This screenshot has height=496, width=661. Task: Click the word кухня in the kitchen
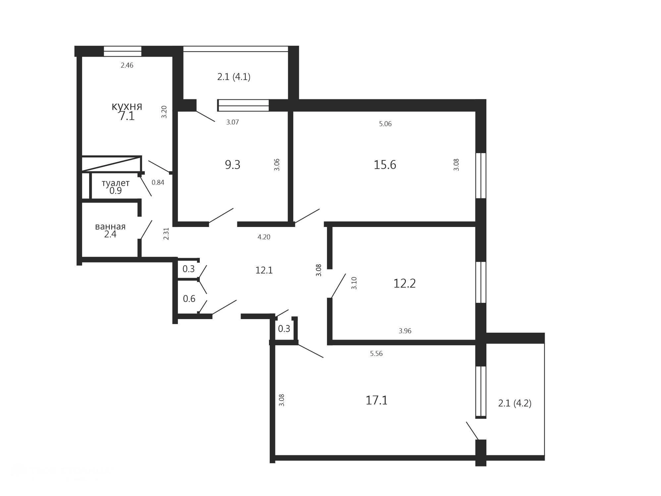[127, 106]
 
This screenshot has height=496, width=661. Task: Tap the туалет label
[115, 183]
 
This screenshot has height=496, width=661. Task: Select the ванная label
[110, 227]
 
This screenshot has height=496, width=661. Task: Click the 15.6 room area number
[385, 165]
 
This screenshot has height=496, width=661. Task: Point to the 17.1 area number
[376, 400]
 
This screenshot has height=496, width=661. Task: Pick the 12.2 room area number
[404, 283]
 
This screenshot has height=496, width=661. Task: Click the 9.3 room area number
[233, 165]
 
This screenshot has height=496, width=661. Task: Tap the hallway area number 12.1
[264, 270]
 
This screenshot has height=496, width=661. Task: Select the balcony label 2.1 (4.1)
[234, 77]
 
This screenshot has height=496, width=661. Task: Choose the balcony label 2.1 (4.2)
[515, 403]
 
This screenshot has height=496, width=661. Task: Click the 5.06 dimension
[385, 124]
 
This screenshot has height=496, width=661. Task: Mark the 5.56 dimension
[376, 354]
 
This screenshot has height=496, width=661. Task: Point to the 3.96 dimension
[405, 331]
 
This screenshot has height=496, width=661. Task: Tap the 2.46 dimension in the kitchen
[127, 65]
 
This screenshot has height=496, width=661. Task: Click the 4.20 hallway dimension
[264, 237]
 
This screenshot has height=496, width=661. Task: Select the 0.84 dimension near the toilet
[158, 182]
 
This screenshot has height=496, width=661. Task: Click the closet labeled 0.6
[189, 299]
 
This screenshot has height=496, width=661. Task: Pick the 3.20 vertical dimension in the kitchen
[164, 112]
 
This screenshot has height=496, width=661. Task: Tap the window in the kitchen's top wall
[123, 51]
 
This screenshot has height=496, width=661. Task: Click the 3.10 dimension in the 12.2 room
[354, 283]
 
